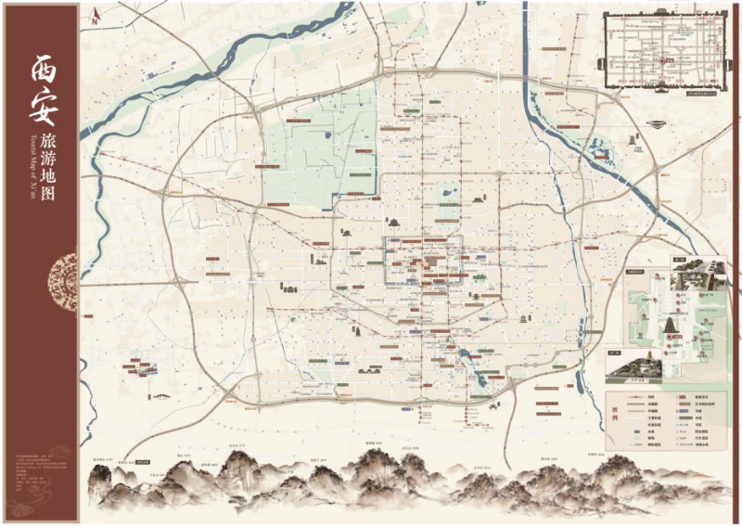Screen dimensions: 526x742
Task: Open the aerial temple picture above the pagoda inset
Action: click(697, 268)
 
